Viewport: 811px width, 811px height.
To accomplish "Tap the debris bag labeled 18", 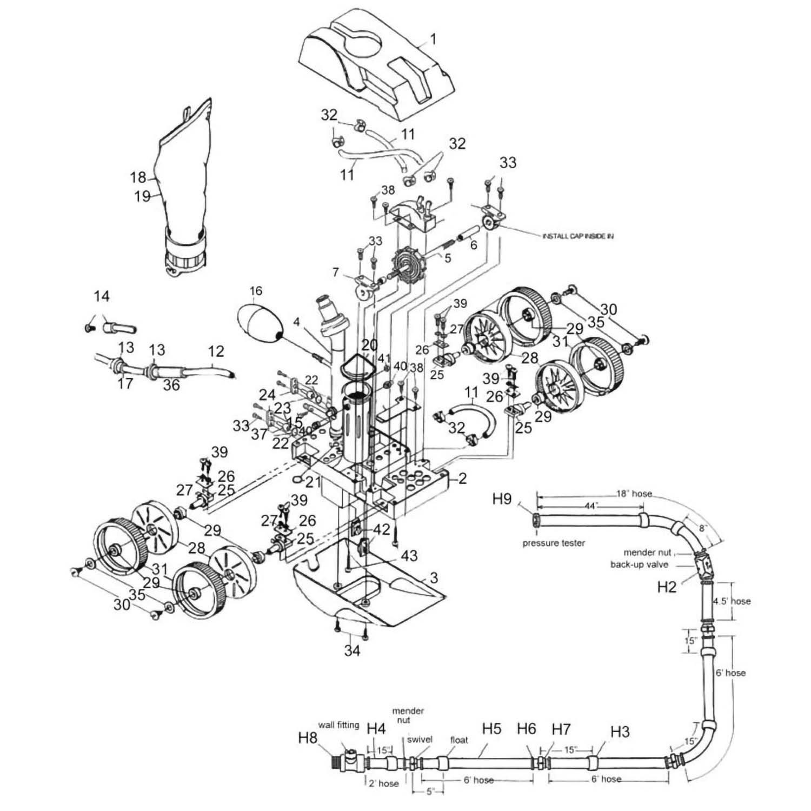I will point(184,178).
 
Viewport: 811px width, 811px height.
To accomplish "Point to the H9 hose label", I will point(502,498).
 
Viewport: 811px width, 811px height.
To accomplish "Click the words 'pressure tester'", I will point(553,543).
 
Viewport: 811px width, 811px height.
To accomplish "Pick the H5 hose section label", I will point(491,729).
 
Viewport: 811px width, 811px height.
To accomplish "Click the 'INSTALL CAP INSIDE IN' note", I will point(578,236).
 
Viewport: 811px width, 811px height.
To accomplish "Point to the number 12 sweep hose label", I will point(216,351).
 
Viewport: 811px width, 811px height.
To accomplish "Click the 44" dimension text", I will point(591,506).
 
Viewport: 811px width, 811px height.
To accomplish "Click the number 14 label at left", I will point(102,296).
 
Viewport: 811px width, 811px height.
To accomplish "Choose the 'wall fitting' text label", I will point(338,724).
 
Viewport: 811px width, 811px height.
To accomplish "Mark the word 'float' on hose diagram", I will point(458,740).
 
